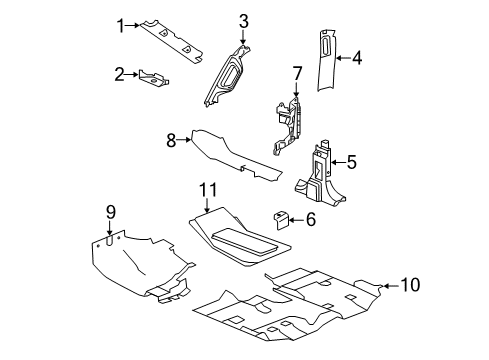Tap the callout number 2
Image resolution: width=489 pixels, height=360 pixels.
(119, 73)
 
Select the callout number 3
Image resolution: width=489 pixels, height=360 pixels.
(243, 21)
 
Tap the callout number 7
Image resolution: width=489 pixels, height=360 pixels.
(296, 72)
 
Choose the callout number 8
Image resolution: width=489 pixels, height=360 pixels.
(172, 141)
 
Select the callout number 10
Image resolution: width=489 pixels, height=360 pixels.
(410, 285)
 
